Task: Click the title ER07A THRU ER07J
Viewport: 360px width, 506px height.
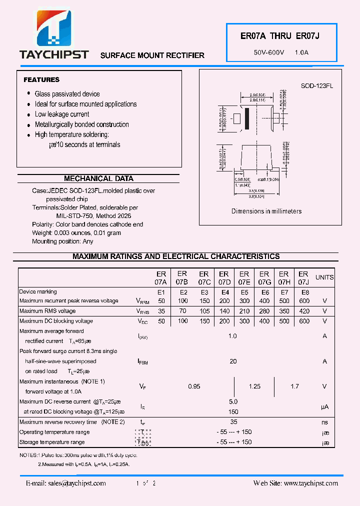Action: tap(279, 36)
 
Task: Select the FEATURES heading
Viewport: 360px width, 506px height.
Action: tap(41, 79)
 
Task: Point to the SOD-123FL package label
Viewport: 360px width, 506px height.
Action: tap(316, 86)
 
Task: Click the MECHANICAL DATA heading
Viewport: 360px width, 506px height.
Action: tap(98, 178)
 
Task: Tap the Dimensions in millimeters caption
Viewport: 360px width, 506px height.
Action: tap(266, 211)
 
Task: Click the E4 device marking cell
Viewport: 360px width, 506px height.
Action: tap(224, 292)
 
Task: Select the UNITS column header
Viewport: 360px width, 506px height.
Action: tap(324, 277)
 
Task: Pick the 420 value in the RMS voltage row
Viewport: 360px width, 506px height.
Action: tap(303, 311)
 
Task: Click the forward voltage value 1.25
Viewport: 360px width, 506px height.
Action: tap(254, 386)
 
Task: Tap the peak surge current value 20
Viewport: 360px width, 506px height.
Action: tap(232, 361)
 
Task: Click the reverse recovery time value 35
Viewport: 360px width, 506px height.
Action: tap(233, 422)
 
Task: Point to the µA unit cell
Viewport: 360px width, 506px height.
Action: tap(324, 407)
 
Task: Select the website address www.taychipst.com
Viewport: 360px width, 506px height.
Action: tap(295, 483)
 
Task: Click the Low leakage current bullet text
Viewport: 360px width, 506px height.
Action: tap(62, 114)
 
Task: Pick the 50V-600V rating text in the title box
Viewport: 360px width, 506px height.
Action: tap(269, 52)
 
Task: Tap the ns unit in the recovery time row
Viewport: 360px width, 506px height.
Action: tap(324, 422)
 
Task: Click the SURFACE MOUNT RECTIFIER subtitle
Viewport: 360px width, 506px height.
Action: tap(152, 55)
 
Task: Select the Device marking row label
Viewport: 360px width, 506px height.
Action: tap(38, 291)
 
